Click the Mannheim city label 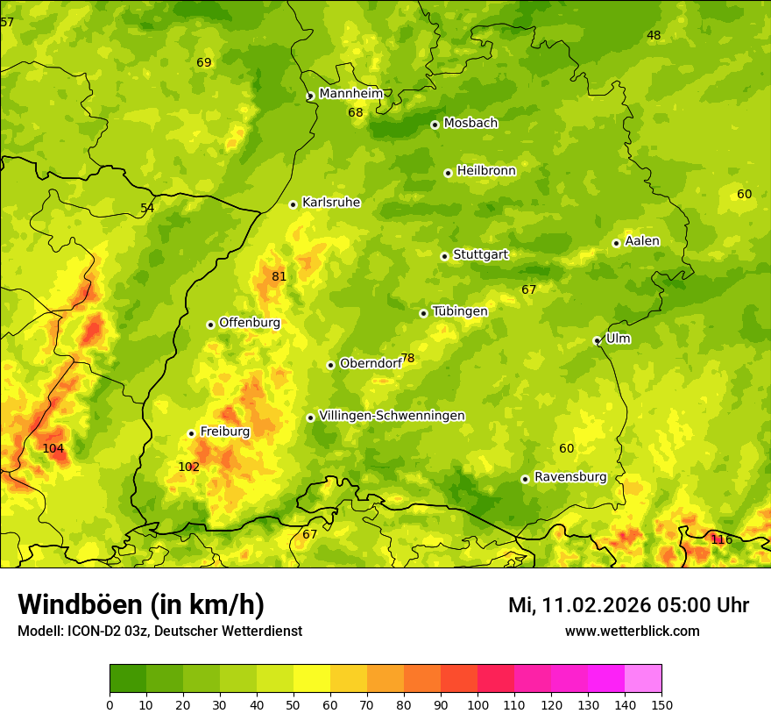(350, 93)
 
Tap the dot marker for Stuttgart (444, 256)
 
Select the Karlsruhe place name (330, 203)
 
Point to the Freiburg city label (224, 432)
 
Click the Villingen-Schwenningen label (392, 416)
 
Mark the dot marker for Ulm (597, 340)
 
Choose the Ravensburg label (569, 477)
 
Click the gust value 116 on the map (721, 539)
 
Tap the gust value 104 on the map (53, 448)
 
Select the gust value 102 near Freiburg (188, 467)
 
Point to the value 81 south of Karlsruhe (279, 276)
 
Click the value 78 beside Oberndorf (407, 359)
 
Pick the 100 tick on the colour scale (477, 705)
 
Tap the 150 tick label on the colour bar (661, 705)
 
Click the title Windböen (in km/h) (140, 604)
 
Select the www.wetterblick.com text (632, 631)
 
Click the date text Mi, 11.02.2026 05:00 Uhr (628, 605)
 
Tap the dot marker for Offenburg (210, 325)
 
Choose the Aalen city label (641, 241)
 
